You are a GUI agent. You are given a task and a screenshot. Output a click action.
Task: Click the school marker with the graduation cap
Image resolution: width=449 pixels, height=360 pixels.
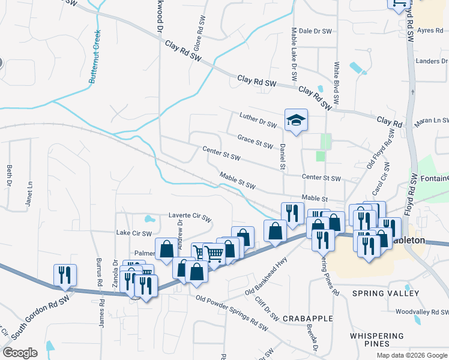click(x=296, y=121)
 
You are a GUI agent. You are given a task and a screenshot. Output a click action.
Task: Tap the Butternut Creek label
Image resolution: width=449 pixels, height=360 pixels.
click(x=95, y=56)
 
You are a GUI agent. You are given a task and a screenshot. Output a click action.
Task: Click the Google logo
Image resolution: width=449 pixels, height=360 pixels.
click(x=20, y=353)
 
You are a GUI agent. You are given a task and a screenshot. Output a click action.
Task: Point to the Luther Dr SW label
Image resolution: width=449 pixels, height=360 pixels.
click(x=258, y=120)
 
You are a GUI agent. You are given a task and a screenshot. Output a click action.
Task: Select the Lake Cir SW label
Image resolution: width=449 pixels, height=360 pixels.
click(x=134, y=233)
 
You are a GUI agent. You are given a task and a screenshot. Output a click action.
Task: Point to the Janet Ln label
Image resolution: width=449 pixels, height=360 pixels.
click(x=29, y=193)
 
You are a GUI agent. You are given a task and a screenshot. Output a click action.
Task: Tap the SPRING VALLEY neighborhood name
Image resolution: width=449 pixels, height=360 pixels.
click(x=386, y=293)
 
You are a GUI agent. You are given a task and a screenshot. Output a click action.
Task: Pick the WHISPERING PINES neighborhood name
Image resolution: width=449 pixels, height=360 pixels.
click(x=377, y=340)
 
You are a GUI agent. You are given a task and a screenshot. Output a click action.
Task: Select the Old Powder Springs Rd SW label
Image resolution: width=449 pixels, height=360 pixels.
click(x=231, y=312)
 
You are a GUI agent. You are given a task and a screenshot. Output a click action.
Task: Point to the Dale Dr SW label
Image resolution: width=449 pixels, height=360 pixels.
click(x=315, y=31)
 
